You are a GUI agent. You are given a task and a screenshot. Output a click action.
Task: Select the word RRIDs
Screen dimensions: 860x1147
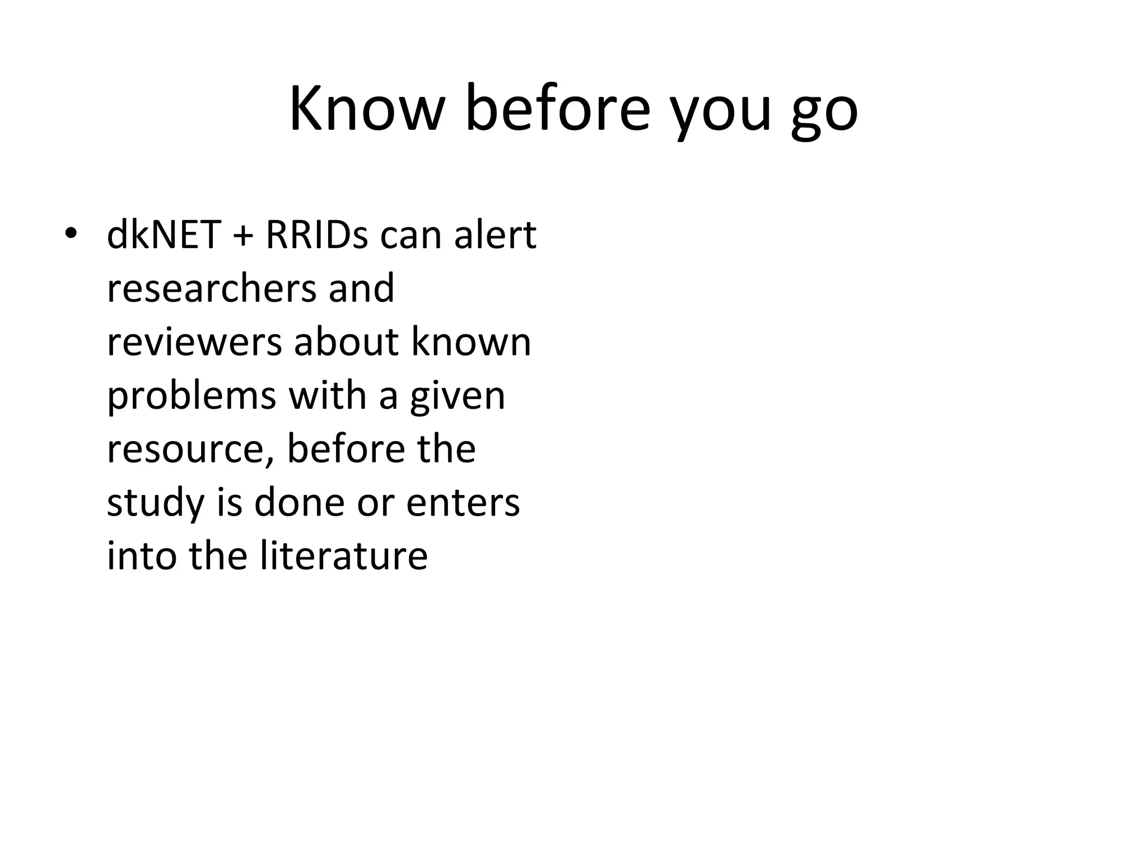tap(316, 235)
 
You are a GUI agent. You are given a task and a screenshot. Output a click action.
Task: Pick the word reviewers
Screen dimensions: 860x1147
tap(194, 342)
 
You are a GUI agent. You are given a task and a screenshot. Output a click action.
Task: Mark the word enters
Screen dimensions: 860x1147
tap(463, 503)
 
